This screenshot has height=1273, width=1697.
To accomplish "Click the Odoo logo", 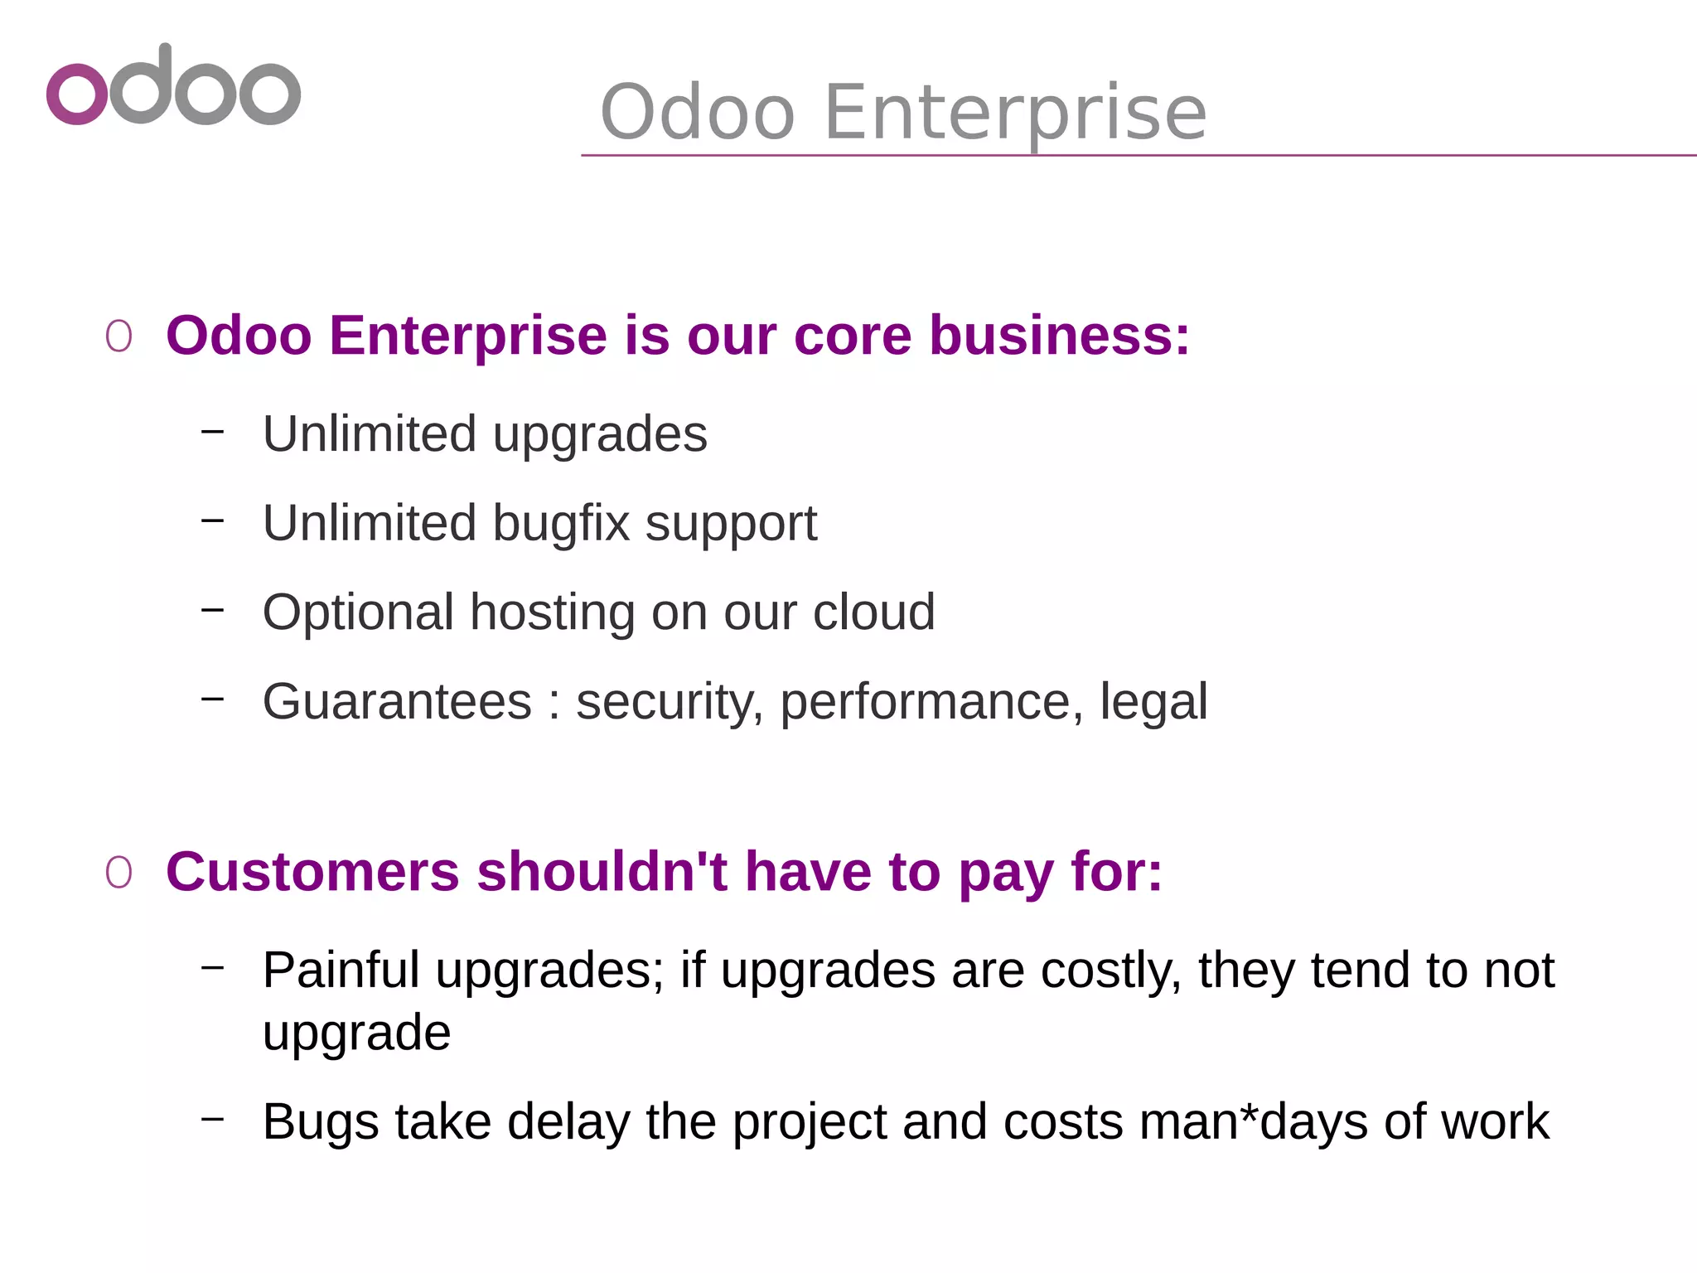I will tap(173, 85).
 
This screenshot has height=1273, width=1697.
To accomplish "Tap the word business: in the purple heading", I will tap(1059, 336).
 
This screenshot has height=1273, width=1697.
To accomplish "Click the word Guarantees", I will tap(397, 702).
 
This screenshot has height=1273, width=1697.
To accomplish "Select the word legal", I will tap(1153, 702).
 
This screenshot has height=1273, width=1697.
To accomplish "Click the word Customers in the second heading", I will tap(312, 872).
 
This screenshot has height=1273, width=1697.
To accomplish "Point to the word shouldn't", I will tap(602, 872).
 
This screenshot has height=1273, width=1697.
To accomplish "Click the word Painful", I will tap(341, 970).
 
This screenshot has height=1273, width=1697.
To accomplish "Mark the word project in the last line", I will tap(810, 1124).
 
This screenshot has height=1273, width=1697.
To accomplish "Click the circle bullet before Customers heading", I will tap(118, 873).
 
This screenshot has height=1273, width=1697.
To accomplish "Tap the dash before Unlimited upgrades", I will tap(213, 431).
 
